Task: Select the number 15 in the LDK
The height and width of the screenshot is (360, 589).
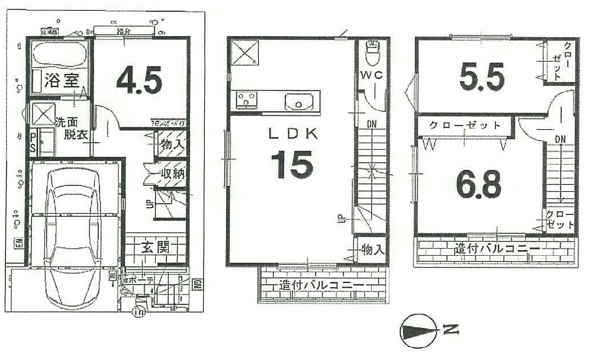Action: pyautogui.click(x=292, y=165)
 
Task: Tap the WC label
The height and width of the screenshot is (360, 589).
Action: pyautogui.click(x=372, y=75)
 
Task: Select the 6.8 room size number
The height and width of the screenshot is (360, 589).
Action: pyautogui.click(x=478, y=186)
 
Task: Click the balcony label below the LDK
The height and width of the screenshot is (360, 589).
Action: pyautogui.click(x=321, y=286)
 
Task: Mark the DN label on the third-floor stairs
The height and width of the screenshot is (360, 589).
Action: pyautogui.click(x=561, y=139)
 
